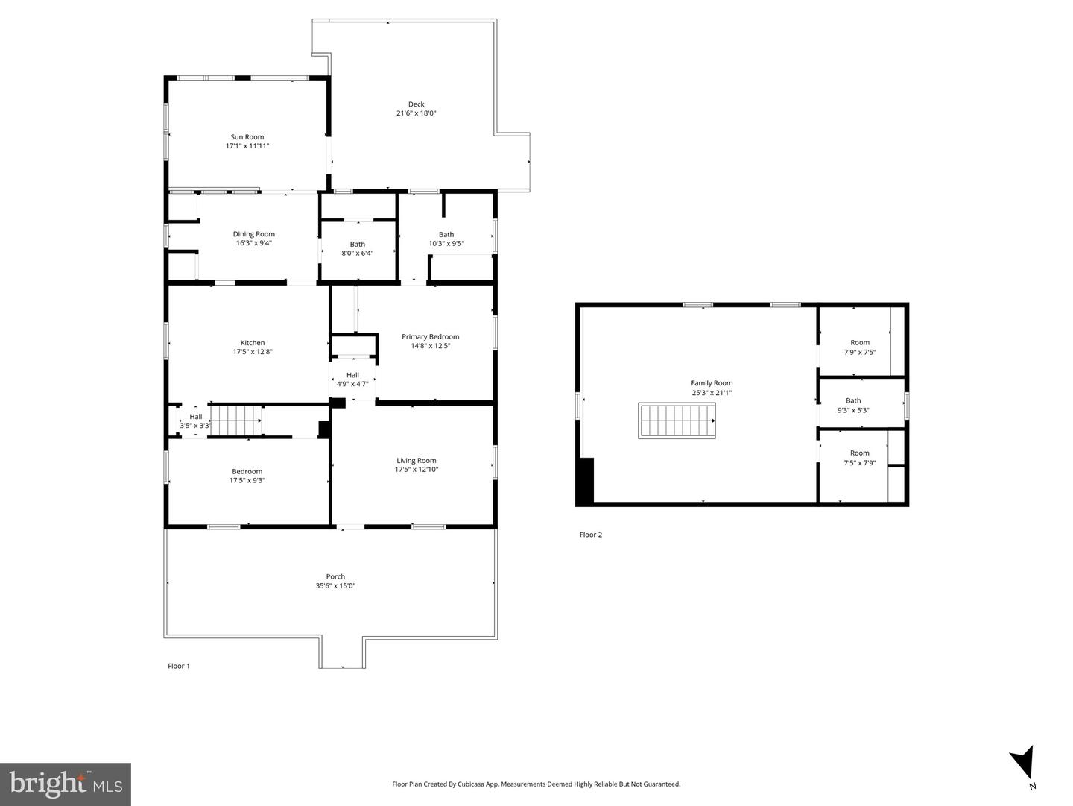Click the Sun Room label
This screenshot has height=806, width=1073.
click(247, 137)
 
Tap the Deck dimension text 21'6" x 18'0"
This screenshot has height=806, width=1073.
click(416, 113)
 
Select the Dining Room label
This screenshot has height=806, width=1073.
click(253, 234)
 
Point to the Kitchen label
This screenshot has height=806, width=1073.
click(253, 343)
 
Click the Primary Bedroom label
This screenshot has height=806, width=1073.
click(430, 336)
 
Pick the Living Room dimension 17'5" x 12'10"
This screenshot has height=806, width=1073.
click(417, 470)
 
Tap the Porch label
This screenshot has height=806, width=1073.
click(335, 576)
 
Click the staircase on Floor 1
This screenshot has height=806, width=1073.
click(237, 420)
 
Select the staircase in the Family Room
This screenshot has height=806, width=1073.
click(677, 421)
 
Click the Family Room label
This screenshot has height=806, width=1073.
click(712, 383)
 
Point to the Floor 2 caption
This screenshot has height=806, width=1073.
click(590, 535)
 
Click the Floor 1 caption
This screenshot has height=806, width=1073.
click(178, 666)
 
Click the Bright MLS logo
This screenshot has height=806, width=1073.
click(66, 784)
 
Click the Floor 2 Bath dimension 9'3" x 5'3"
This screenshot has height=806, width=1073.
click(853, 410)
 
